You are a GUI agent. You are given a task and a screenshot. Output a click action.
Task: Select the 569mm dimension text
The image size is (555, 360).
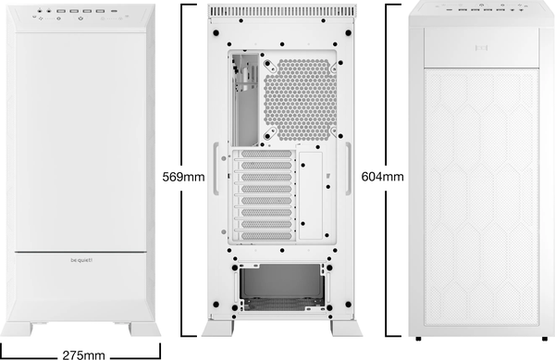(x=180, y=176)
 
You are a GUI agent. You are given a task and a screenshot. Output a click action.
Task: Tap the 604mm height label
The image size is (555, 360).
(x=381, y=176)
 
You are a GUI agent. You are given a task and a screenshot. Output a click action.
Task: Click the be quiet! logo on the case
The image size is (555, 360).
(x=80, y=261)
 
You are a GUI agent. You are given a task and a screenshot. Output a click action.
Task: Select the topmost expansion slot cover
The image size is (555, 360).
(x=265, y=157)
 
